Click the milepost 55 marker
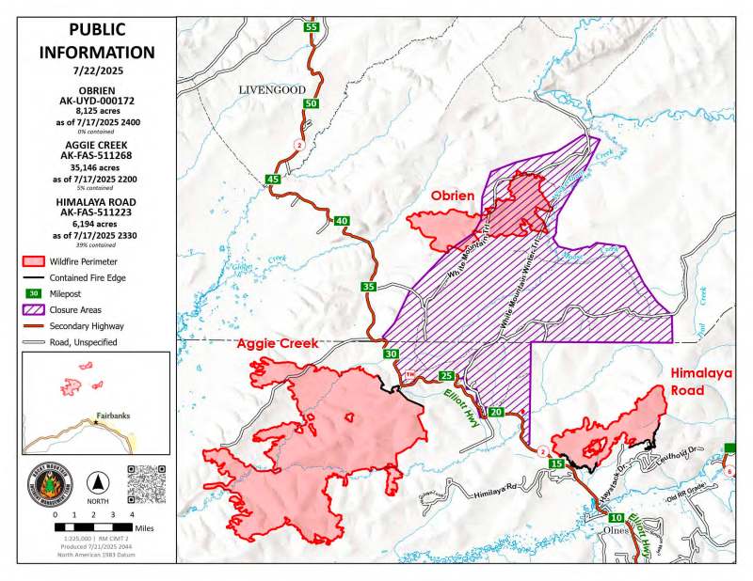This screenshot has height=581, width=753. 311,27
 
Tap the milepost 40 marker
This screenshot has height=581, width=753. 341,221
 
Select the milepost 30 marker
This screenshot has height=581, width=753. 391,354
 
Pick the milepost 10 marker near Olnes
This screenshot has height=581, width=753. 616,519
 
